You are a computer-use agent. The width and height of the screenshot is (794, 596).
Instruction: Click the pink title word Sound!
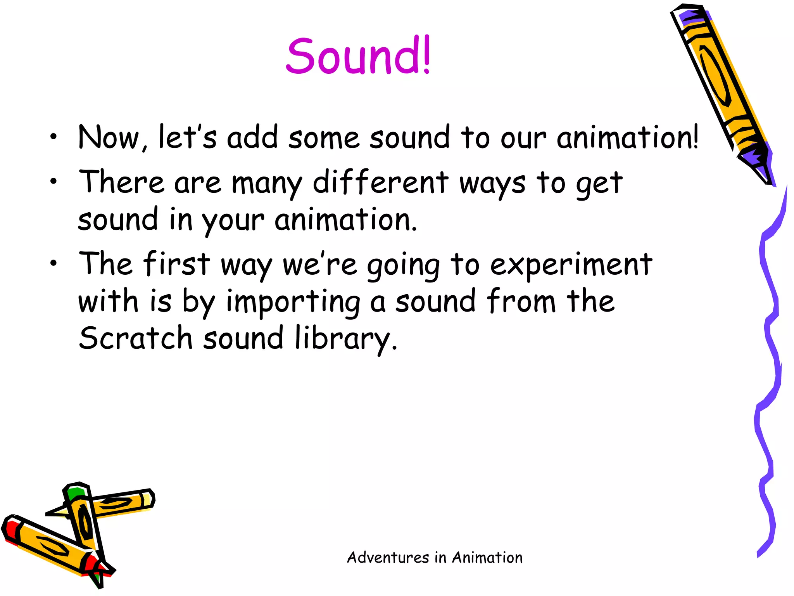click(x=358, y=56)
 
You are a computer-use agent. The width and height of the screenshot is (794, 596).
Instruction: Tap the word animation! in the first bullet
click(x=627, y=138)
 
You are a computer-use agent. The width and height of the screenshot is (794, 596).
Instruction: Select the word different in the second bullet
click(x=380, y=182)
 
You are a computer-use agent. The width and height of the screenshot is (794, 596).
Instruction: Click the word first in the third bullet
click(x=177, y=264)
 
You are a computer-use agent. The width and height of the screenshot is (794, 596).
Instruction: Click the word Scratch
click(x=136, y=338)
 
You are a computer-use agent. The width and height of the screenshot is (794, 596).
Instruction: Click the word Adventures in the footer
click(x=388, y=558)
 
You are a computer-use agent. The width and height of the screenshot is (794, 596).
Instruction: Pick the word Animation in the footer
click(x=487, y=558)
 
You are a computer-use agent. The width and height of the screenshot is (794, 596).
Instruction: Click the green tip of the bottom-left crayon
click(x=75, y=492)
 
